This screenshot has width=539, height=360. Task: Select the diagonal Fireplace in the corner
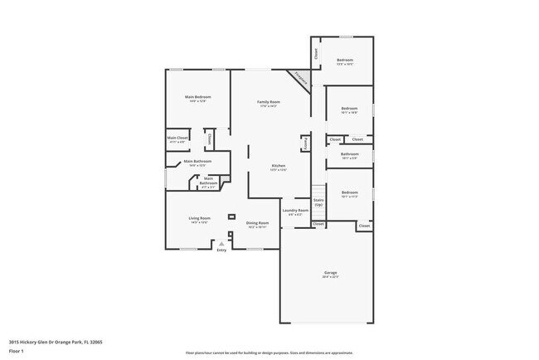coord(300,80)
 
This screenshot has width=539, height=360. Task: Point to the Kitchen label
coord(279,167)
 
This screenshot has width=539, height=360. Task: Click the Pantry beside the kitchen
coord(305,144)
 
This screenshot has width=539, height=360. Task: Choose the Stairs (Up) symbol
coord(318,202)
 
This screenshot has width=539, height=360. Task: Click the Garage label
coord(330,274)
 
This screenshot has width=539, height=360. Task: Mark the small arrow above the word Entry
coord(221,244)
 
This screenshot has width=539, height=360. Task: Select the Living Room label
coord(199,220)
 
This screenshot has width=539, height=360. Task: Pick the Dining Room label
coord(257,223)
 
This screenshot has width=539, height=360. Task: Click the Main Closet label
coord(177,139)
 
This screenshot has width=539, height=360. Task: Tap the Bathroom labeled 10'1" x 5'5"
coord(349,154)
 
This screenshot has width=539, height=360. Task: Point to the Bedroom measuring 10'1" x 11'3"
coord(349,194)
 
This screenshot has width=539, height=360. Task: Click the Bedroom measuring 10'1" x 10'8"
coord(349,109)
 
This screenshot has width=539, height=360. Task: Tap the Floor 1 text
coord(17,351)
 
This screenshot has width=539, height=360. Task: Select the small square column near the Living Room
coord(231,216)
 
